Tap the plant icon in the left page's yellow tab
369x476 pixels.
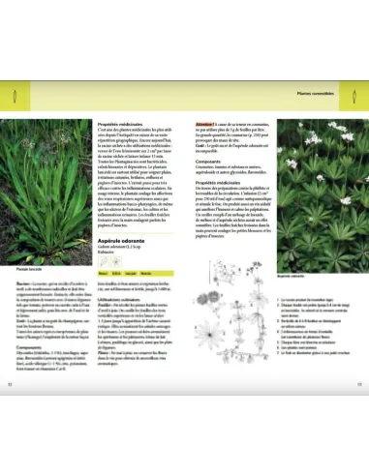click(x=14, y=95)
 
